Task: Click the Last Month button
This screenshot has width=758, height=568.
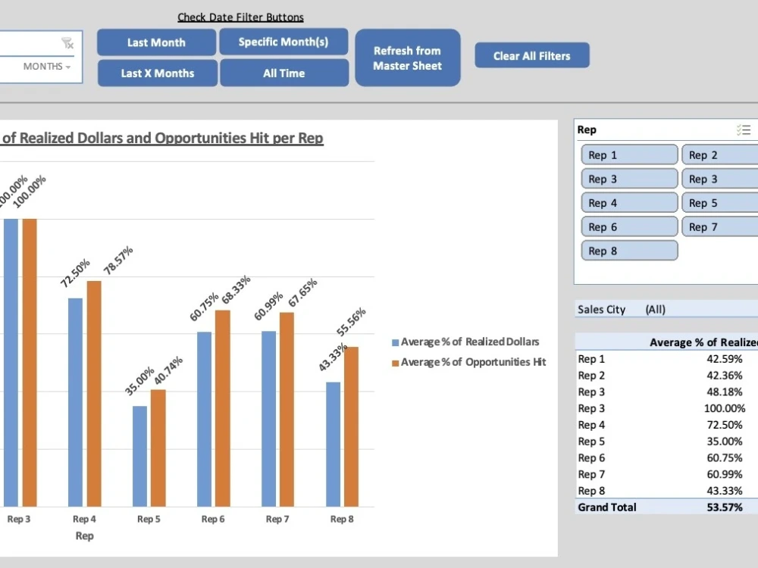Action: coord(156,42)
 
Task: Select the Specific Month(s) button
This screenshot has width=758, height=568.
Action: coord(283,42)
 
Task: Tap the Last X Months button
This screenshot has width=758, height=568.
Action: coord(157,73)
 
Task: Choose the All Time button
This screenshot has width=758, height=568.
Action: coord(283,73)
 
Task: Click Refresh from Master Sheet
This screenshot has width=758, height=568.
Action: coord(407,58)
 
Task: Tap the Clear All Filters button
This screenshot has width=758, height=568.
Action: coord(531,55)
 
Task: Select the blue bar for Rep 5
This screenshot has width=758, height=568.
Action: coord(139,456)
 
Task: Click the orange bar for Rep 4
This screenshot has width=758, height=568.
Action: coord(94,393)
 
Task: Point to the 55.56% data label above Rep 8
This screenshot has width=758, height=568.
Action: coord(352,321)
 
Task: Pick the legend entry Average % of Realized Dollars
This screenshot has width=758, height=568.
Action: coord(470,342)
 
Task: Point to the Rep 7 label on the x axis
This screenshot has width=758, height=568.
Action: coord(277,520)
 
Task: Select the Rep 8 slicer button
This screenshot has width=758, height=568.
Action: coord(629,251)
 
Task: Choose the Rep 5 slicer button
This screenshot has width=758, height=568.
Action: coord(720,203)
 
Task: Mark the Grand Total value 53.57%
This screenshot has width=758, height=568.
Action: coord(724,507)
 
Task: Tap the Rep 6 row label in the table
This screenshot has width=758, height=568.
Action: coord(591,458)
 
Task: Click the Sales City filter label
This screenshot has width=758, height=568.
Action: coord(601,309)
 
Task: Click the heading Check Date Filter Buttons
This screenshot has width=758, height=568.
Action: coord(240,17)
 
